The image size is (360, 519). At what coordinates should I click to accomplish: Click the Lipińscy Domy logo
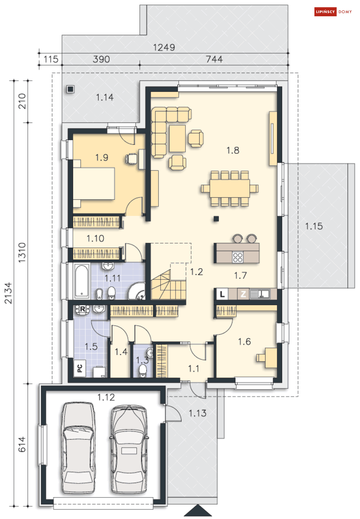tap(333, 12)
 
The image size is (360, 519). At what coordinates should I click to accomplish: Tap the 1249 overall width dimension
tap(164, 47)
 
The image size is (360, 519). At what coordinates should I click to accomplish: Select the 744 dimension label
tap(214, 59)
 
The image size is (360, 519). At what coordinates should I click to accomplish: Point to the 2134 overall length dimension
tap(8, 293)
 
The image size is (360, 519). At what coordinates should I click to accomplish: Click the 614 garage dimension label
tap(22, 444)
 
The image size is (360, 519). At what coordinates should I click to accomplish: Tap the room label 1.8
tap(233, 150)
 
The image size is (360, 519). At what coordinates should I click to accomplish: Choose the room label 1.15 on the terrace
tap(314, 226)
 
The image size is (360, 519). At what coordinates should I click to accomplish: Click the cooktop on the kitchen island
tap(238, 257)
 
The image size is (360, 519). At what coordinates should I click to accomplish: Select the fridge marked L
tap(222, 294)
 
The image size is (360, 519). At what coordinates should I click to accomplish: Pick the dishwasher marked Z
tap(243, 294)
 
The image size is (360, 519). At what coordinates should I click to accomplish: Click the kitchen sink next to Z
tap(260, 294)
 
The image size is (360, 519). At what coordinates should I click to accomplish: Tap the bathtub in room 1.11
tap(82, 281)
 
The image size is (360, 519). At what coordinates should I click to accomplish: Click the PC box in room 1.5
tap(80, 368)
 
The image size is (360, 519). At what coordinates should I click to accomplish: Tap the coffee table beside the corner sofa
tap(177, 139)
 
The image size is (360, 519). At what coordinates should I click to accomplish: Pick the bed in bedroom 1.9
tap(94, 183)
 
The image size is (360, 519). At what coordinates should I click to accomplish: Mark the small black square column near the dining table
tap(216, 219)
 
